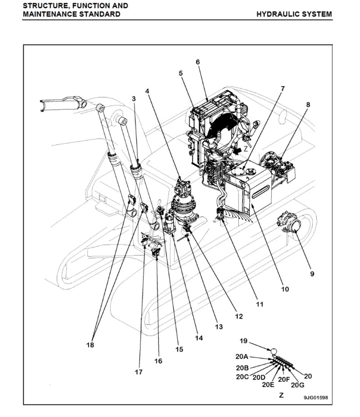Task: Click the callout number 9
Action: coord(312,273)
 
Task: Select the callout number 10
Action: coord(285,289)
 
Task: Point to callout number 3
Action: coord(134,98)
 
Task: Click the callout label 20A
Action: coord(242,356)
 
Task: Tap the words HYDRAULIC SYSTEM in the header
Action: coord(294,14)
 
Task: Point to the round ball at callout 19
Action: coord(273,349)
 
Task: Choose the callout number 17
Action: coord(139,372)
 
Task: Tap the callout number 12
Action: coord(238,317)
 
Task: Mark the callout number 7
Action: coord(283,89)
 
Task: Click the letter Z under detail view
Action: coord(281,395)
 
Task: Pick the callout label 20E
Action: coord(268,384)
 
